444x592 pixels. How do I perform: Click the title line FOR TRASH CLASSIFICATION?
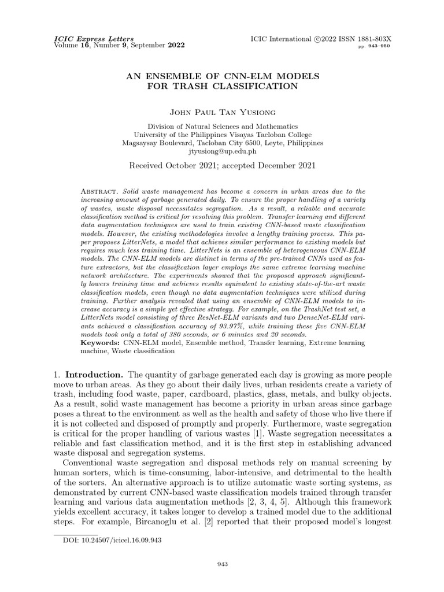(223, 87)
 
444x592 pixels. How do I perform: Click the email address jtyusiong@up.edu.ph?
(223, 151)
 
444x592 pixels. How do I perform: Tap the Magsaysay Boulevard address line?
(223, 143)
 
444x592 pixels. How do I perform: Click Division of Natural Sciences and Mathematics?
(223, 126)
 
